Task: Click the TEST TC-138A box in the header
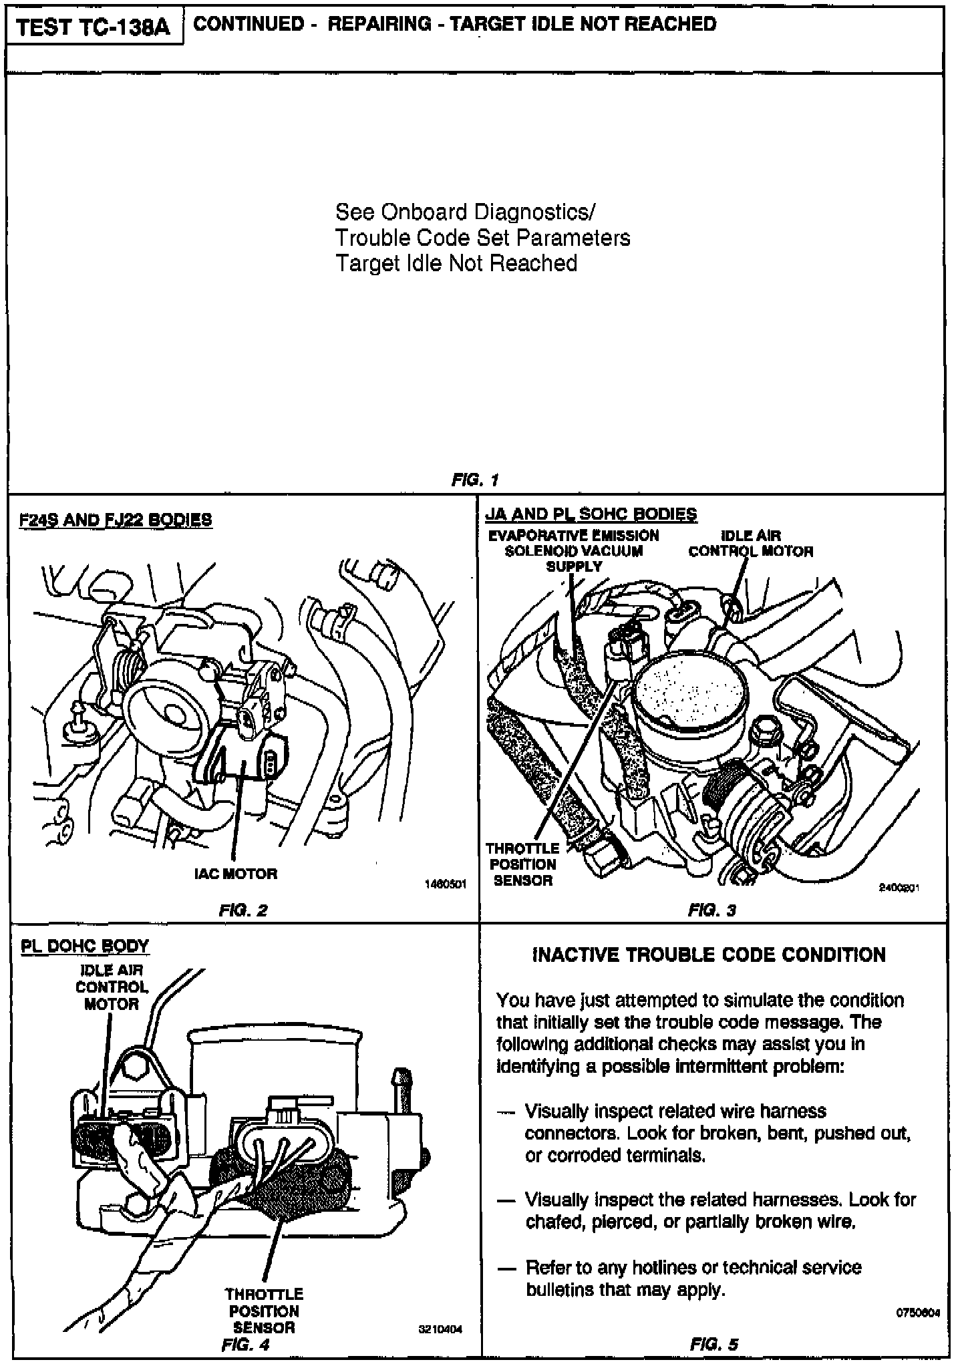pos(94,29)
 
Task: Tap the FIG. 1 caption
pos(475,480)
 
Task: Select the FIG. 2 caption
pos(243,910)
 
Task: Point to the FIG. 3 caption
pos(712,910)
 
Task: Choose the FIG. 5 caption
pos(714,1344)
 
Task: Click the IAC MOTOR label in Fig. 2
pos(236,873)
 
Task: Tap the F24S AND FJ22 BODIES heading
pos(116,520)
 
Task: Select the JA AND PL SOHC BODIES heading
pos(591,514)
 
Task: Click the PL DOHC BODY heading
pos(85,946)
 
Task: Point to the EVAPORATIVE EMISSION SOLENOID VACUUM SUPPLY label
pos(574,550)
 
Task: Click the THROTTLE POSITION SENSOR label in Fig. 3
pos(522,864)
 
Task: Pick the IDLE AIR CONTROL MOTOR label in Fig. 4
pos(112,987)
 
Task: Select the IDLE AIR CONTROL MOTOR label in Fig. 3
pos(751,543)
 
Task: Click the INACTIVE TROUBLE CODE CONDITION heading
pos(709,955)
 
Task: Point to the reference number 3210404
pos(440,1329)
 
